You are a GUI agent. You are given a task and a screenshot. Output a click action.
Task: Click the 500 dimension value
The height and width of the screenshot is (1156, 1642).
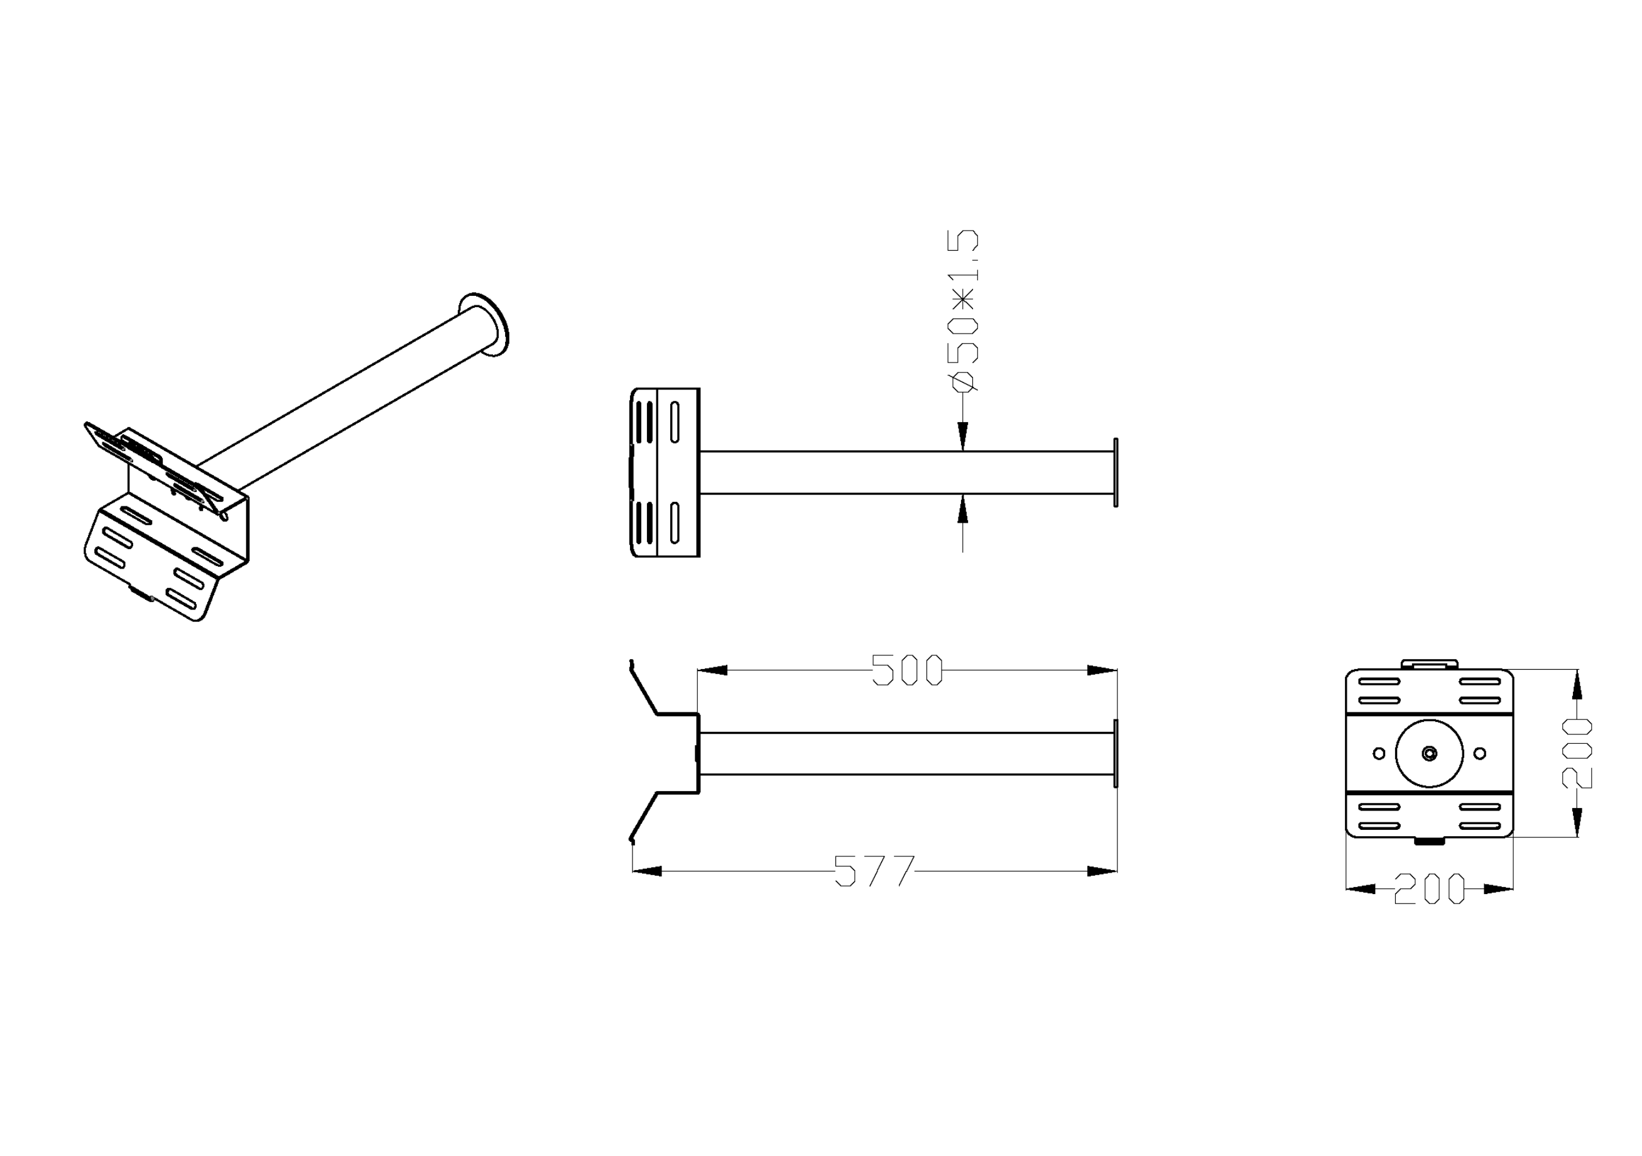pyautogui.click(x=907, y=670)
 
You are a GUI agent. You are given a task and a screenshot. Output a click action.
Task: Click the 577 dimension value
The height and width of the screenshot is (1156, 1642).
pyautogui.click(x=874, y=871)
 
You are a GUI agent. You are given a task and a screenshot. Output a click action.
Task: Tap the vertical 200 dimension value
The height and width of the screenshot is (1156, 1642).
pyautogui.click(x=1577, y=753)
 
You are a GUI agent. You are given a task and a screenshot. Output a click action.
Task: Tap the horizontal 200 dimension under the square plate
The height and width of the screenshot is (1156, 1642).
pyautogui.click(x=1429, y=888)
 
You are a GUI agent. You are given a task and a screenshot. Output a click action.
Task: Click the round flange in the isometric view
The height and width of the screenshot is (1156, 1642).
pyautogui.click(x=485, y=324)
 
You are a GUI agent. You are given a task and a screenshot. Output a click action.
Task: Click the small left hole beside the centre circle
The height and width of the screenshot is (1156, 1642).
pyautogui.click(x=1379, y=753)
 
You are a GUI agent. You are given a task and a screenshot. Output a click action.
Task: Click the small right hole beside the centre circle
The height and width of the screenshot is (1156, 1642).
pyautogui.click(x=1480, y=753)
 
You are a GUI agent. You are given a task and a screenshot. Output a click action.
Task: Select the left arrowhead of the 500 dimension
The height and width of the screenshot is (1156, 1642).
pyautogui.click(x=712, y=670)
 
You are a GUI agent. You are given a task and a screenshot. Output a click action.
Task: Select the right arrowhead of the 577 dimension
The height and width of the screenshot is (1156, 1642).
pyautogui.click(x=1102, y=871)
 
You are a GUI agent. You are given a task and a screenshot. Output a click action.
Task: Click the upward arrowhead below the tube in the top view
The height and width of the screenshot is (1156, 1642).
pyautogui.click(x=962, y=509)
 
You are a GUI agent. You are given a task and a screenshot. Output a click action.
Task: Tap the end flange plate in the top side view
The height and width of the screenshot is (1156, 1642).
pyautogui.click(x=1116, y=472)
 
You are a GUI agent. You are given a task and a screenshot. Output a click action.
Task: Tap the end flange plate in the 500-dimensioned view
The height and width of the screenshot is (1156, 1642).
pyautogui.click(x=1116, y=753)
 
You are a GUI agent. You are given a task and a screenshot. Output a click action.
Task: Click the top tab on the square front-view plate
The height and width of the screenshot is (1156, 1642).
pyautogui.click(x=1429, y=664)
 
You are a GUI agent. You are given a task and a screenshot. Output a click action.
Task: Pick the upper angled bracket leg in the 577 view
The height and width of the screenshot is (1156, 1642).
pyautogui.click(x=643, y=690)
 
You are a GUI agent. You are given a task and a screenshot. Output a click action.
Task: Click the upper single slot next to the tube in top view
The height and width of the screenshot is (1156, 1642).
pyautogui.click(x=675, y=422)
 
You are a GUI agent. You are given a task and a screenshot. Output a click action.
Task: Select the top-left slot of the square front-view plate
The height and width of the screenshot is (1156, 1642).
pyautogui.click(x=1379, y=681)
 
